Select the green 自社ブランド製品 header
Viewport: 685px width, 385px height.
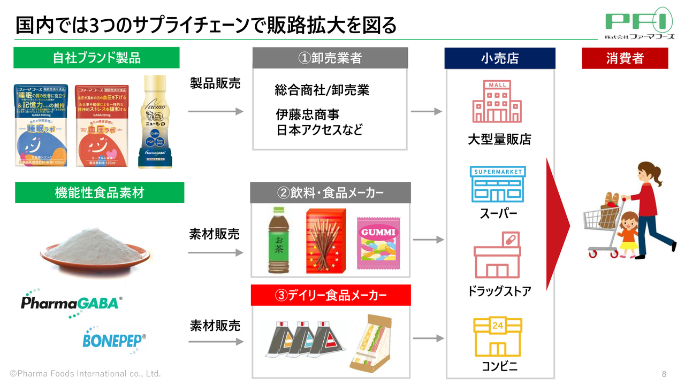[96, 58]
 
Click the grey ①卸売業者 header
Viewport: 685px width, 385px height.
[330, 58]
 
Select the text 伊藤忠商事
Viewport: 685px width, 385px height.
[308, 115]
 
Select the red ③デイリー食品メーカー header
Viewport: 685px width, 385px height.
[330, 295]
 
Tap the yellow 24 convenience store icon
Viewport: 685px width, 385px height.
[498, 337]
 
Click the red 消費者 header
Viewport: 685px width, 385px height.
[625, 58]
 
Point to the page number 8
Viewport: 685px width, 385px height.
[664, 373]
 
